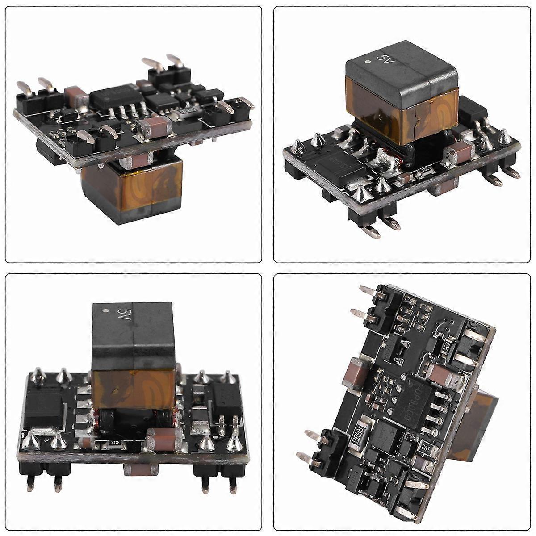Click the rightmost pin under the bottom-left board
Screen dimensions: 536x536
point(232,485)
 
